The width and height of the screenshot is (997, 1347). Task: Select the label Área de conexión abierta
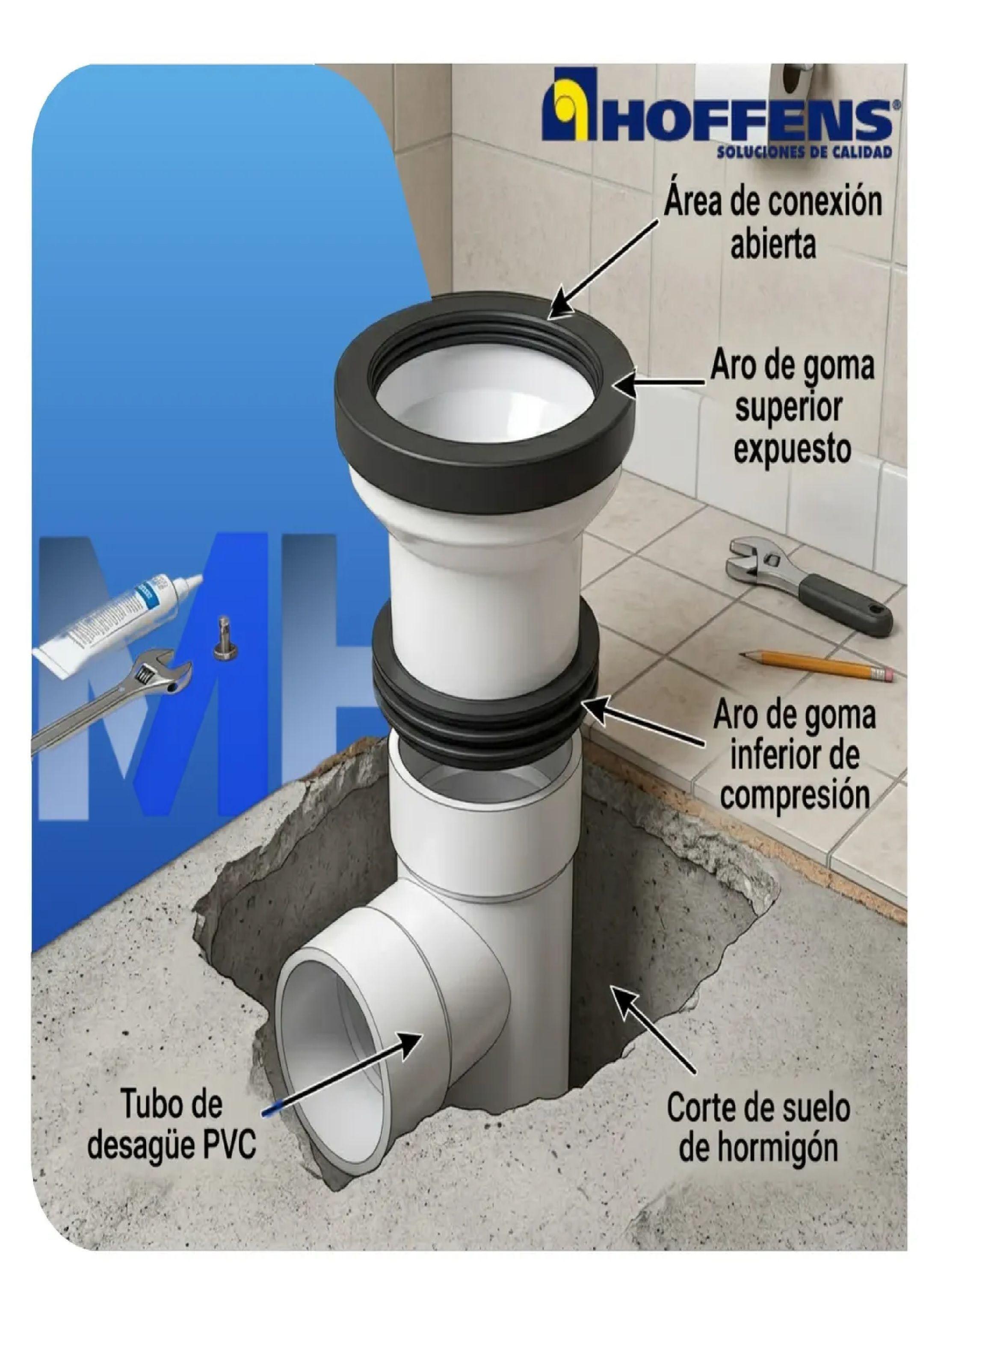[x=772, y=223]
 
